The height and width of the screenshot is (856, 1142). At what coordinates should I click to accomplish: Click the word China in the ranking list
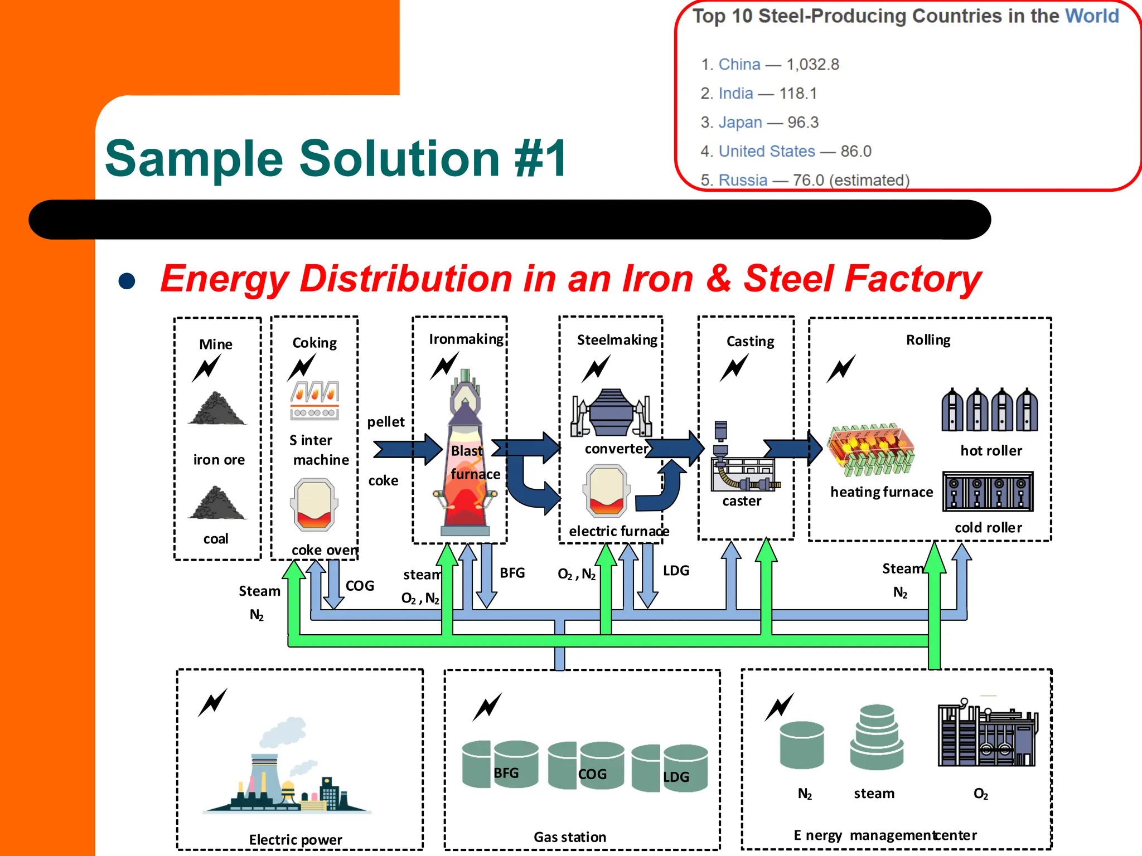click(x=739, y=65)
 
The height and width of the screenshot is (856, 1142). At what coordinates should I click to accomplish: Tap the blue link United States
click(x=766, y=152)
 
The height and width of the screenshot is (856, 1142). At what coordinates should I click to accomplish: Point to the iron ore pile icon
click(x=217, y=409)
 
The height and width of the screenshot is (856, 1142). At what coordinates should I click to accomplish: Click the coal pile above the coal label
click(x=217, y=503)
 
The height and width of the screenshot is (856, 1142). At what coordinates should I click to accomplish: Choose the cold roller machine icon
click(x=988, y=492)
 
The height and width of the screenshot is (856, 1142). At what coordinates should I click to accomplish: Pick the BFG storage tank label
click(x=506, y=773)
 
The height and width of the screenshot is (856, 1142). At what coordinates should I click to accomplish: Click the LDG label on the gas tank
click(x=676, y=777)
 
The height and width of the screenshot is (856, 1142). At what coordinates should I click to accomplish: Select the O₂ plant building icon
click(x=987, y=735)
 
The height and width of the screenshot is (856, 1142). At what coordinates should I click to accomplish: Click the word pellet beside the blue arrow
click(x=385, y=422)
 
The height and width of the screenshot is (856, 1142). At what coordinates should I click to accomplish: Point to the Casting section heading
click(x=750, y=341)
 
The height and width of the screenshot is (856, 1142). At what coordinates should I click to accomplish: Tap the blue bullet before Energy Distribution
click(x=127, y=281)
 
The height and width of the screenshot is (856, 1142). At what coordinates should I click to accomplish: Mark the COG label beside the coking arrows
click(x=360, y=586)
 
